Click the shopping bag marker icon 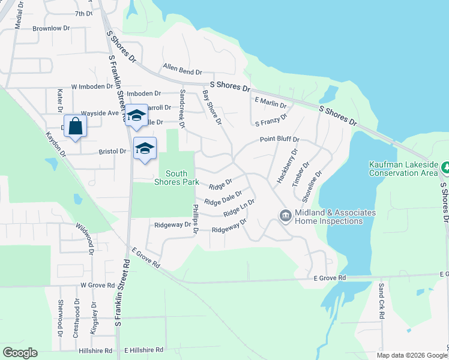tap(75, 126)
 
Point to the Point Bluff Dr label tap(279, 140)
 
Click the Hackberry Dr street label tap(286, 166)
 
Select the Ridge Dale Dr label tap(223, 198)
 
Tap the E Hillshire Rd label tap(143, 350)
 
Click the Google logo tap(20, 353)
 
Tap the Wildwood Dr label tap(85, 239)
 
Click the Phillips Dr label tap(194, 220)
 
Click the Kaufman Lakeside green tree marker tap(444, 166)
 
